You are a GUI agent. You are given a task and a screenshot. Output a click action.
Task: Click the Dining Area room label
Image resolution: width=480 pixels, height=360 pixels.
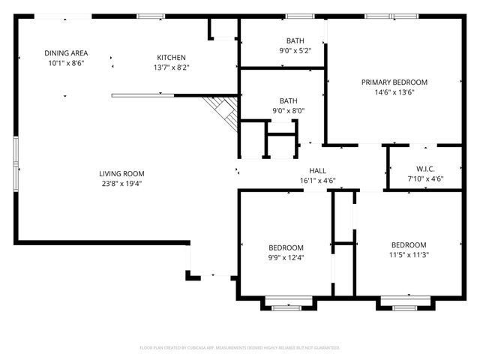tap(66, 53)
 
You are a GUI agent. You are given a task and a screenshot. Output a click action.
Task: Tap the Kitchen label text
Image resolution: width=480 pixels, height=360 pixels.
tap(171, 58)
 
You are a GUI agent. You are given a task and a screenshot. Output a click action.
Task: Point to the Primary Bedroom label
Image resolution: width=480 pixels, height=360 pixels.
tap(394, 82)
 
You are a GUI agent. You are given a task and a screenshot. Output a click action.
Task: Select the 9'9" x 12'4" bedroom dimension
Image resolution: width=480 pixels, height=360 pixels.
tap(286, 258)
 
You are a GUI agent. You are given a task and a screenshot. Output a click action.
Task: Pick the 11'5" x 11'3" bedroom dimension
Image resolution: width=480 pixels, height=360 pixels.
tap(409, 255)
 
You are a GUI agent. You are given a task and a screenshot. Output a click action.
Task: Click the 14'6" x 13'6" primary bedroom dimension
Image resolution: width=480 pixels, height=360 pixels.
tap(394, 92)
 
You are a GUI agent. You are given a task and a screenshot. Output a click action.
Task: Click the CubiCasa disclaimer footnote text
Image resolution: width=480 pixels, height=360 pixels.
tap(240, 348)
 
